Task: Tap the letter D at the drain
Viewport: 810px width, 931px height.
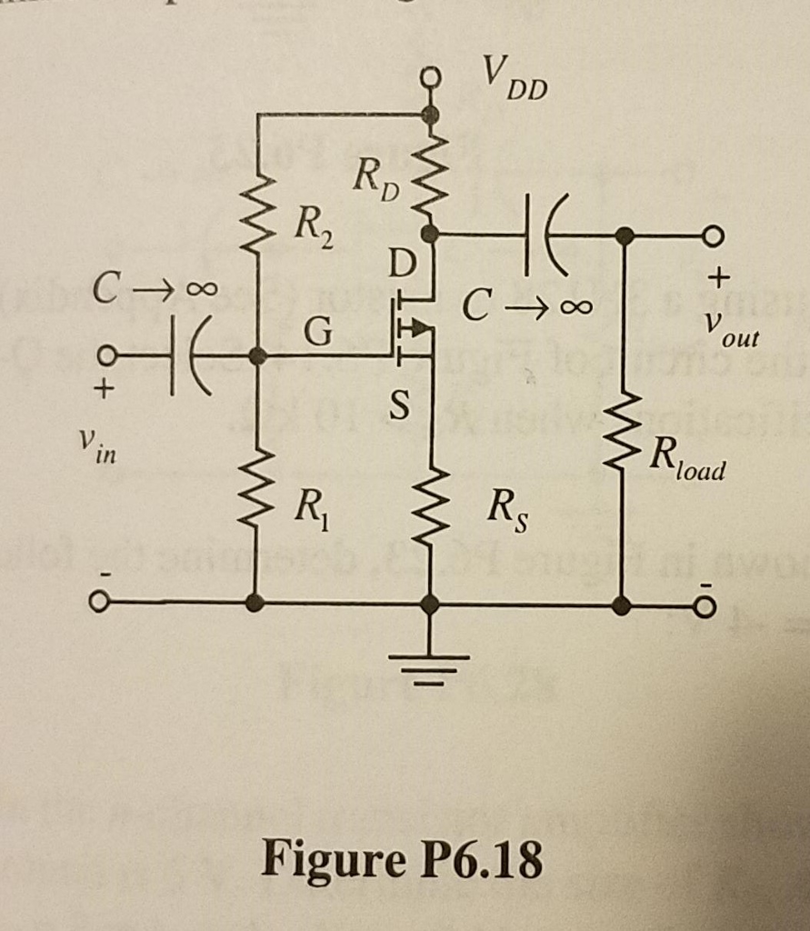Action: pyautogui.click(x=400, y=266)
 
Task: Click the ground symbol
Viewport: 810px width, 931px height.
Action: pyautogui.click(x=432, y=664)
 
